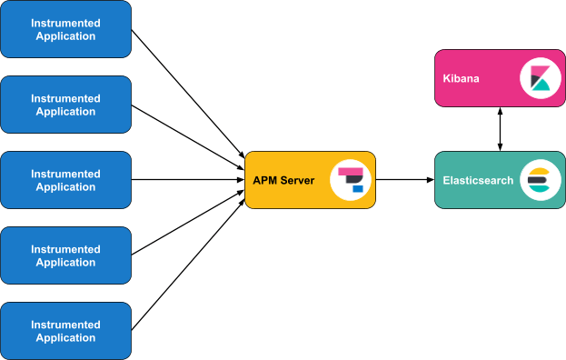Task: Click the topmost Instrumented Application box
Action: [x=65, y=29]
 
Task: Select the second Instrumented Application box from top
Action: [x=65, y=105]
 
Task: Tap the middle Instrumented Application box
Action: [x=65, y=180]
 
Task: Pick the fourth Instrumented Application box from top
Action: [x=65, y=255]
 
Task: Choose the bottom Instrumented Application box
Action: [x=65, y=331]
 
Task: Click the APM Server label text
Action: [x=283, y=180]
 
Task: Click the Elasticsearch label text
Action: [x=479, y=180]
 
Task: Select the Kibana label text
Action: [x=462, y=79]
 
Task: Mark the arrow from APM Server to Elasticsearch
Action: [x=405, y=180]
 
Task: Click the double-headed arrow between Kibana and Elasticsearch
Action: [x=499, y=127]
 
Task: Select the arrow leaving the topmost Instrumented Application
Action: [x=186, y=91]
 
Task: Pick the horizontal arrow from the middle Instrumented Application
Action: [x=186, y=180]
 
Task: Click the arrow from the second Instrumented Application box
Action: [x=186, y=134]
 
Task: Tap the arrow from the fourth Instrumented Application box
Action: [x=186, y=225]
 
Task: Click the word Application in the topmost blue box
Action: [x=65, y=36]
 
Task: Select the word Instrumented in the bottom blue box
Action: [x=65, y=325]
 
